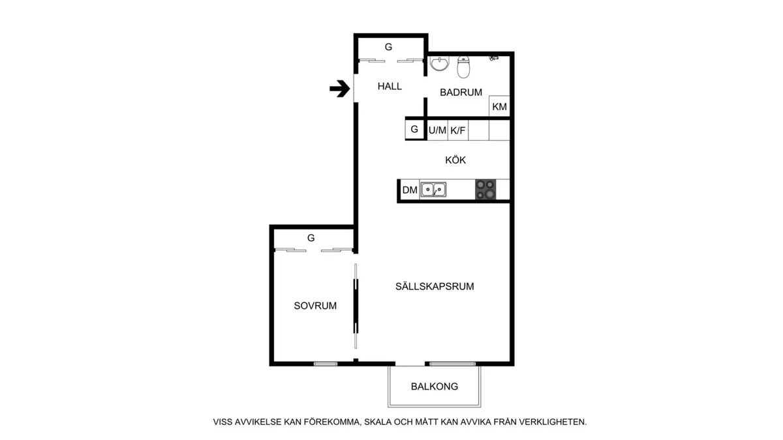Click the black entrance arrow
point(340,89)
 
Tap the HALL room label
point(390,86)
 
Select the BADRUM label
point(461,92)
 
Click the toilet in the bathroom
point(463,66)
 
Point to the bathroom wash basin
point(439,63)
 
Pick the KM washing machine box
point(499,106)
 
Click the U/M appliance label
point(437,130)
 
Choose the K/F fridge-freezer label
point(458,130)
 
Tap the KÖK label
point(455,160)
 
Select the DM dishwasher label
point(410,190)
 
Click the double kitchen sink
point(433,190)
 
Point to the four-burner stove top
point(485,190)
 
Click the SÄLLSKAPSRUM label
point(435,286)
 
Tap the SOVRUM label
point(315,306)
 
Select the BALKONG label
point(435,387)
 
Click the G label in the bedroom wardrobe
point(311,238)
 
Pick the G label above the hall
point(388,47)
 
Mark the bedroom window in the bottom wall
point(326,364)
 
